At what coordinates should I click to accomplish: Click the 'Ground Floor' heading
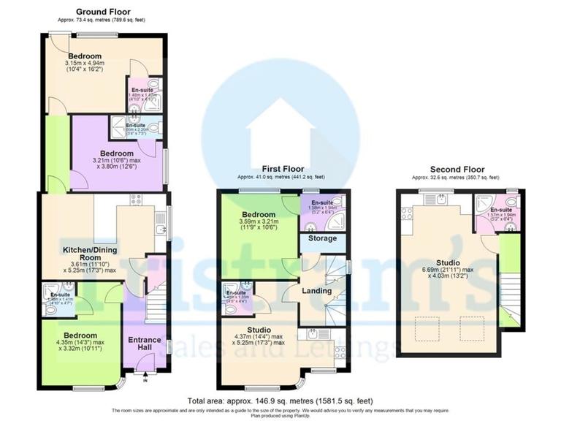(x=104, y=12)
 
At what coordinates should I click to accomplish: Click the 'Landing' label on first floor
(x=317, y=292)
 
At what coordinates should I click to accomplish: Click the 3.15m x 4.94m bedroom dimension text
(x=85, y=67)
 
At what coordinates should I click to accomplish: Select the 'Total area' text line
(x=280, y=401)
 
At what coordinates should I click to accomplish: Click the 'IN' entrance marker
(x=145, y=380)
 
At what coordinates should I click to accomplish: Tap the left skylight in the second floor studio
(x=421, y=328)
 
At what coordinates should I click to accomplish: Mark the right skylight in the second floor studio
(x=472, y=328)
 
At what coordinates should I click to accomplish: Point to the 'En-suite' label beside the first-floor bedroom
(x=322, y=202)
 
